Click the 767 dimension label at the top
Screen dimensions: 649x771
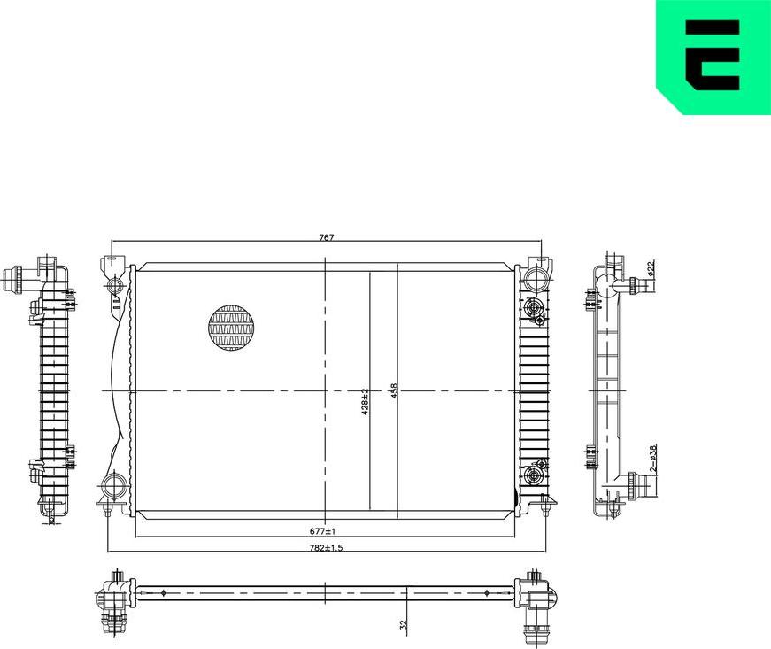pyautogui.click(x=325, y=237)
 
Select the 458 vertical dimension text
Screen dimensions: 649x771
pyautogui.click(x=393, y=391)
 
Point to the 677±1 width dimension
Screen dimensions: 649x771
pyautogui.click(x=321, y=531)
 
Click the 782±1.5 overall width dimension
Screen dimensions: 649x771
pyautogui.click(x=327, y=549)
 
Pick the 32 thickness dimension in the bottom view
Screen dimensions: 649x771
pyautogui.click(x=403, y=624)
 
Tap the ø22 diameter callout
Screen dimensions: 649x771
pyautogui.click(x=651, y=268)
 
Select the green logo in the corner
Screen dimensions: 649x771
pyautogui.click(x=713, y=57)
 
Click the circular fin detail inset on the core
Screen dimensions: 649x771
pyautogui.click(x=230, y=327)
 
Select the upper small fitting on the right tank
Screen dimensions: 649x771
pyautogui.click(x=533, y=308)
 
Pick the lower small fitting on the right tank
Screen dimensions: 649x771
pyautogui.click(x=533, y=476)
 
